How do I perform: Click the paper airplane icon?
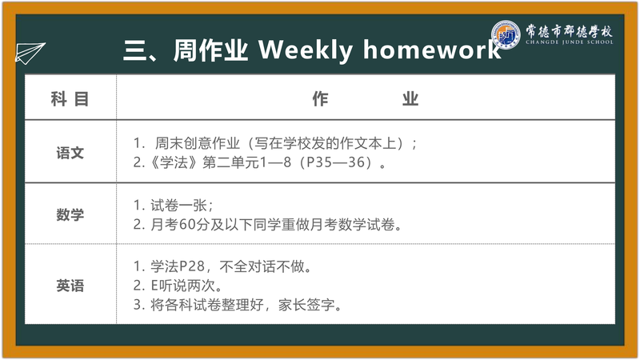pyautogui.click(x=30, y=53)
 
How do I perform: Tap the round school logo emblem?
pyautogui.click(x=506, y=34)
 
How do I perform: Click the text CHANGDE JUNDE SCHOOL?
pyautogui.click(x=570, y=42)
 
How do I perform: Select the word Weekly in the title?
pyautogui.click(x=306, y=50)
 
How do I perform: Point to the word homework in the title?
pyautogui.click(x=432, y=50)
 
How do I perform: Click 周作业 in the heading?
pyautogui.click(x=210, y=50)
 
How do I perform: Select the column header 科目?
pyautogui.click(x=70, y=98)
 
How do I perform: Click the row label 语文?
pyautogui.click(x=70, y=153)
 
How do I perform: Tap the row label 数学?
pyautogui.click(x=70, y=214)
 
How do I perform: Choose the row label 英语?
pyautogui.click(x=70, y=286)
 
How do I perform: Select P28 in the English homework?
pyautogui.click(x=192, y=266)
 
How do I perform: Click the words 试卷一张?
pyautogui.click(x=178, y=206)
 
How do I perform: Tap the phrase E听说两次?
pyautogui.click(x=183, y=286)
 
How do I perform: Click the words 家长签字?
pyautogui.click(x=306, y=305)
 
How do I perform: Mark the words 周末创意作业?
pyautogui.click(x=197, y=143)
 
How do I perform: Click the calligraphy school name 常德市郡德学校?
pyautogui.click(x=570, y=30)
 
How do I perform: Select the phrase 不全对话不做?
pyautogui.click(x=262, y=266)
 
